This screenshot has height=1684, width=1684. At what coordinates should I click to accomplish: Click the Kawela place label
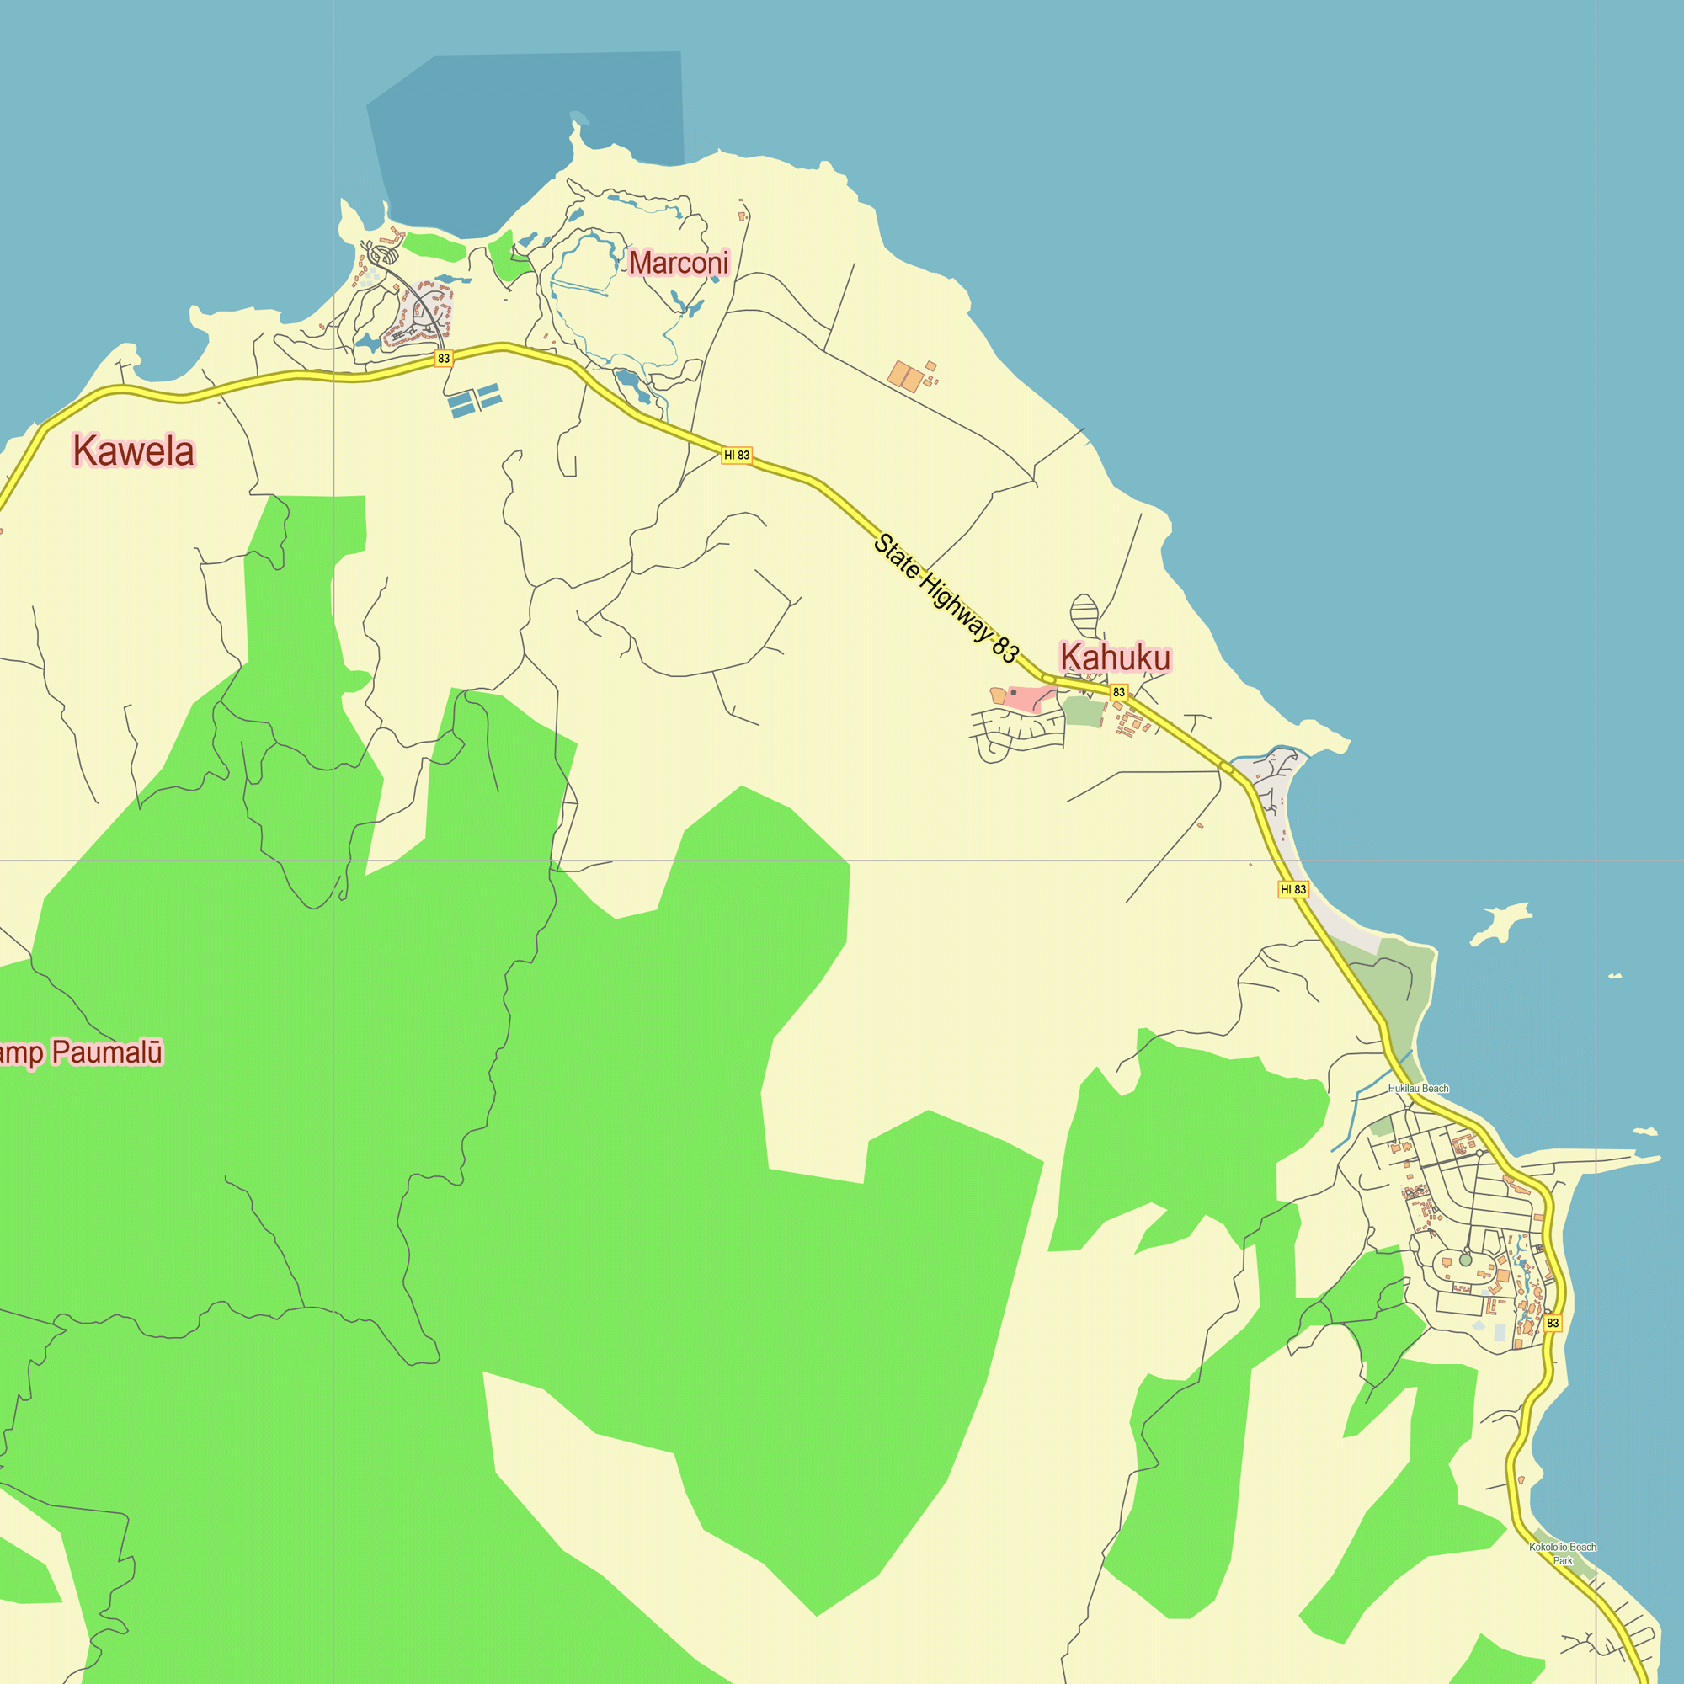(x=133, y=450)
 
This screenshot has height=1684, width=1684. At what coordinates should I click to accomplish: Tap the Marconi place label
(x=678, y=263)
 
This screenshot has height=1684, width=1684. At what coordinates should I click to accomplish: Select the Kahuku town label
(x=1115, y=658)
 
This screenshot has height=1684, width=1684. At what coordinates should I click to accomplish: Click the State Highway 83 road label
(x=946, y=599)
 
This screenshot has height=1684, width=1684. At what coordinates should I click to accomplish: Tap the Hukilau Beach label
(x=1418, y=1089)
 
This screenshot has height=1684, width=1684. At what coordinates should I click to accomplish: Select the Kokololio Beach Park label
(x=1562, y=1554)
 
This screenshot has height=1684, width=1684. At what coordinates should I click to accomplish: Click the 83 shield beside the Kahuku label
(x=1119, y=692)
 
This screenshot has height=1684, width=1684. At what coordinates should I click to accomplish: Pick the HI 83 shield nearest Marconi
(x=737, y=455)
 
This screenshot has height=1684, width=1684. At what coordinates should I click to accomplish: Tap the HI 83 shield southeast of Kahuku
(x=1292, y=889)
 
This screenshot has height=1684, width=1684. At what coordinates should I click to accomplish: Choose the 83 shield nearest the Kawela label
(x=444, y=358)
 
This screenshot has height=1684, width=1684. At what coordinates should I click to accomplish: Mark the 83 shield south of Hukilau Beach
(x=1553, y=1323)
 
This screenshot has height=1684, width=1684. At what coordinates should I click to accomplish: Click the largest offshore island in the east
(x=1501, y=923)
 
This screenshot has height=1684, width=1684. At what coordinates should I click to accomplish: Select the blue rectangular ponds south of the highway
(x=474, y=399)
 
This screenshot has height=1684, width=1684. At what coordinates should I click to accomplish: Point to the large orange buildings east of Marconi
(x=906, y=376)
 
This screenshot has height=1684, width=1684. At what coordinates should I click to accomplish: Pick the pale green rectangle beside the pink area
(x=1084, y=711)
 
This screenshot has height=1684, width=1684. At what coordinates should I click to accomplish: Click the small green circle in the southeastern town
(x=1465, y=1260)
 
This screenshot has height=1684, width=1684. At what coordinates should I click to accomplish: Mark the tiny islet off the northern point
(x=579, y=117)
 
